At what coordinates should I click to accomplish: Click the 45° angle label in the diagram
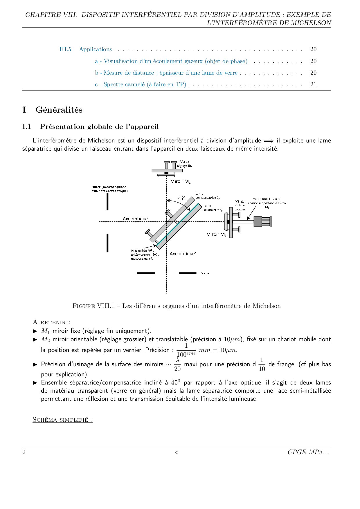coord(181,198)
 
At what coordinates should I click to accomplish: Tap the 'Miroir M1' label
coord(180,181)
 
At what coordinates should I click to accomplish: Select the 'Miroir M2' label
coord(216,234)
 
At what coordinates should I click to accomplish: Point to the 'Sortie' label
coord(205,273)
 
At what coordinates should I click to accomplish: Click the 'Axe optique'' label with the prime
coord(183,254)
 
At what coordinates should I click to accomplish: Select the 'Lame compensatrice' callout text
coord(207,196)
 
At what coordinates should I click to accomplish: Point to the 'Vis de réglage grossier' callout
coord(240,205)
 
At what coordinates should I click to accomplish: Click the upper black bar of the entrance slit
coord(107,201)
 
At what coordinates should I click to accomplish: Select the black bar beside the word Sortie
coord(188,273)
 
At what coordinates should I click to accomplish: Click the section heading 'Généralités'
coord(59,110)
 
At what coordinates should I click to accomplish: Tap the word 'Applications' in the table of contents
coord(96,49)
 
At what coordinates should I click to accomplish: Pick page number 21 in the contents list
coord(313,84)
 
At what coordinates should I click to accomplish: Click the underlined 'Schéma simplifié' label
coord(63,420)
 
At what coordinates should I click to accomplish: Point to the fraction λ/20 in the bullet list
coord(177,364)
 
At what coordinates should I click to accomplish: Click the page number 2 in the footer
coord(24,452)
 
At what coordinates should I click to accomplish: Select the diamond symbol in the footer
coord(177,452)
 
